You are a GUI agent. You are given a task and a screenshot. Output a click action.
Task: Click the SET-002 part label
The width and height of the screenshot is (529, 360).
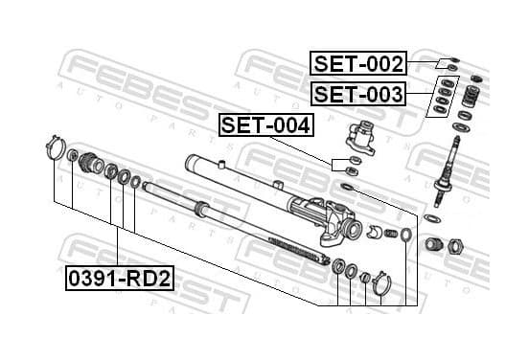(358, 63)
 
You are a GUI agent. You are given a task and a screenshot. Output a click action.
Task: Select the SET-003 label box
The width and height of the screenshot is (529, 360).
(358, 94)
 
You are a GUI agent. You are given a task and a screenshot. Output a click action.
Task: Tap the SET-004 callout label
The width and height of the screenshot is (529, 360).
(266, 125)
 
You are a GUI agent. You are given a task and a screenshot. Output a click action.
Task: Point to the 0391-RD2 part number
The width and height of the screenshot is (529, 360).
(120, 279)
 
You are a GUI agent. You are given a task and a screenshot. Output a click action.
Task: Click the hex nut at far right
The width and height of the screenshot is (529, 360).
(455, 246)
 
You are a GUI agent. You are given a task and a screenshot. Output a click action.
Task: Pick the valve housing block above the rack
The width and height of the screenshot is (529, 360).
(361, 138)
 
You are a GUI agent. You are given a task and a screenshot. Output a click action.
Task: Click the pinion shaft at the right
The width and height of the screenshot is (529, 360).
(447, 172)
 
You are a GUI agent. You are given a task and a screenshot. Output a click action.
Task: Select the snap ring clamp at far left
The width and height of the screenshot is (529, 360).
(56, 147)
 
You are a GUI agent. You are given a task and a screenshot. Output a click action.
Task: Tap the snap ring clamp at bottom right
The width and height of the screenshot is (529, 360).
(382, 283)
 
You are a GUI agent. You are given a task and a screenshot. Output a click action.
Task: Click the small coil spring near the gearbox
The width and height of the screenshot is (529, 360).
(391, 234)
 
